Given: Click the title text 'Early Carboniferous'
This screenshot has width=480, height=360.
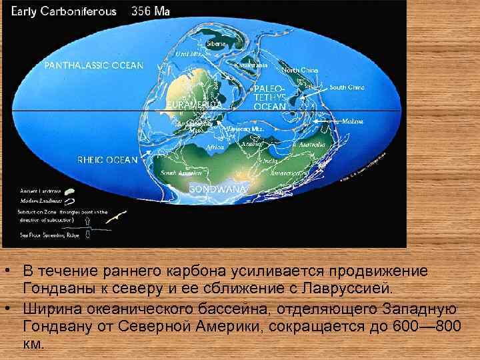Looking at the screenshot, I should [63, 11].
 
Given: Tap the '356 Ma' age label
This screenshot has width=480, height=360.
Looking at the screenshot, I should [151, 11].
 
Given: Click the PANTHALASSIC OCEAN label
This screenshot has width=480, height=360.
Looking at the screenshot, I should [94, 65].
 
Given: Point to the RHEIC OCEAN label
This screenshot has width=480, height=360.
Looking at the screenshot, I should [107, 160].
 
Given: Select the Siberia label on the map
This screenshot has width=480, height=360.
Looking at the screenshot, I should [216, 43].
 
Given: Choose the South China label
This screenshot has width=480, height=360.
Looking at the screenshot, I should [347, 87].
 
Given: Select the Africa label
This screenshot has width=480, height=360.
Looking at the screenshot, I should [215, 147].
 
